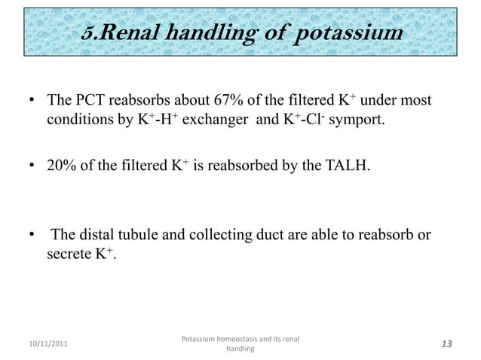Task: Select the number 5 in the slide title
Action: pos(89,34)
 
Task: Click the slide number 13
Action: pos(446,344)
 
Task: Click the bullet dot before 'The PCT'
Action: pos(32,101)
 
